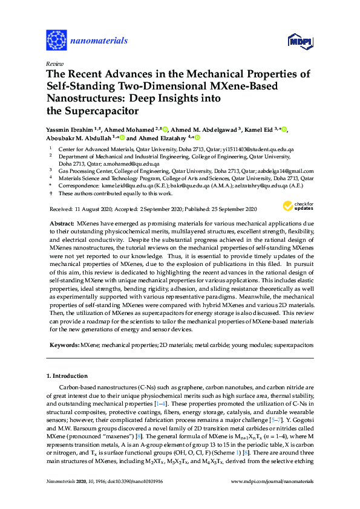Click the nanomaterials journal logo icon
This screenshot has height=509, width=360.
(x=56, y=40)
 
